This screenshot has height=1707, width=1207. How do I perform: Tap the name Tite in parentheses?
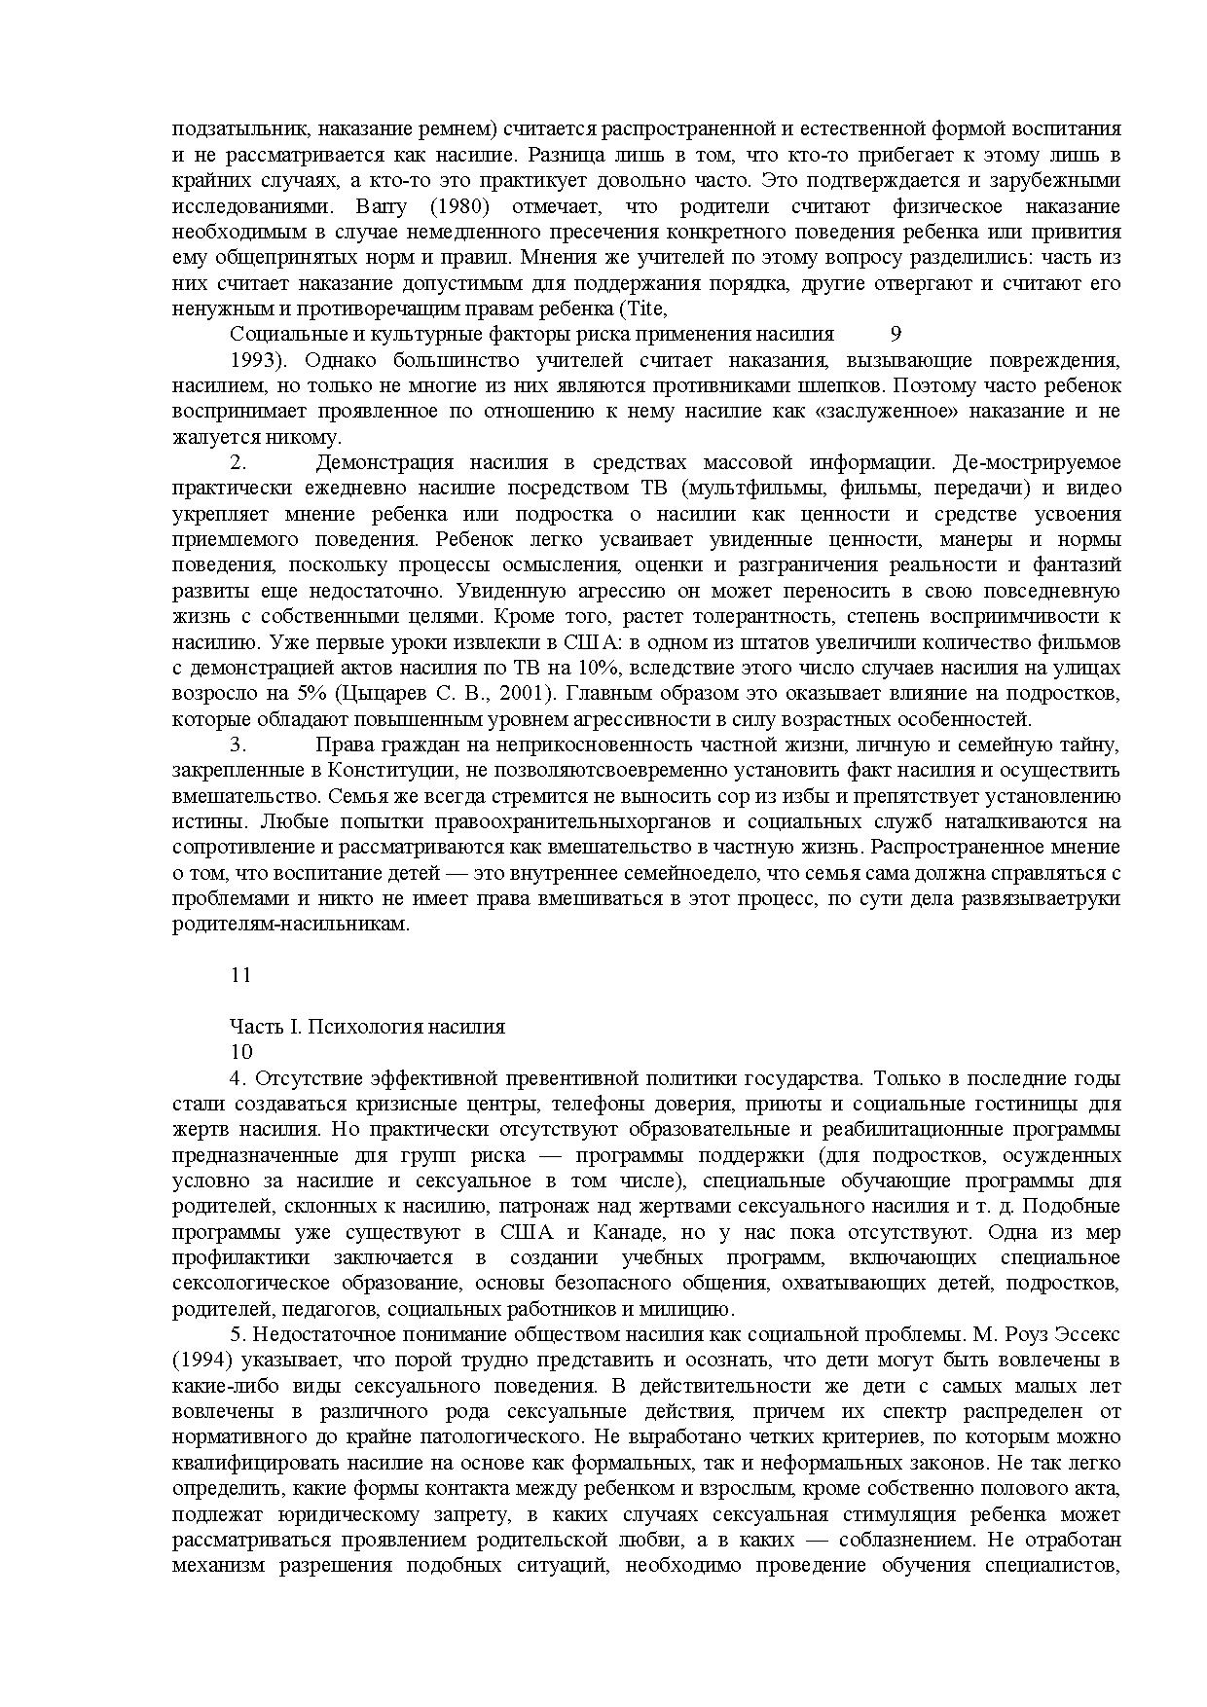(646, 309)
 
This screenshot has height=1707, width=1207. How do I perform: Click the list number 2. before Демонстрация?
(238, 462)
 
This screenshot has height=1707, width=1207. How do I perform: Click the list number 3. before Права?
(238, 745)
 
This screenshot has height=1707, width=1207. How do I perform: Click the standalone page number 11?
(240, 975)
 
